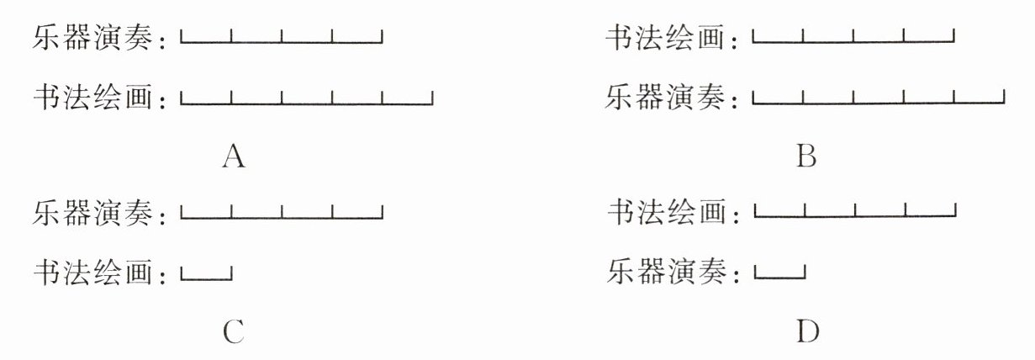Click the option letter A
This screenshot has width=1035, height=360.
[x=234, y=156]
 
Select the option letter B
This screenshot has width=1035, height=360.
[x=806, y=156]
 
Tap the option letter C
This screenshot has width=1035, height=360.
[x=234, y=333]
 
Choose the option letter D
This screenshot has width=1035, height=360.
[x=807, y=333]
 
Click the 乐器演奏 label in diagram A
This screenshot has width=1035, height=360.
[x=94, y=38]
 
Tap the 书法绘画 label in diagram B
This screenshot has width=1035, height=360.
[x=666, y=38]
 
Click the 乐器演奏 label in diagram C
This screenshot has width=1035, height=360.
[x=94, y=214]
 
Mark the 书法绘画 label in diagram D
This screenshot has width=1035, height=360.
[x=667, y=214]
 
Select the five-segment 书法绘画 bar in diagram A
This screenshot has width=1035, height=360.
[x=307, y=101]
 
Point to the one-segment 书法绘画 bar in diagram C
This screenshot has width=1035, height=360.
[x=206, y=274]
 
